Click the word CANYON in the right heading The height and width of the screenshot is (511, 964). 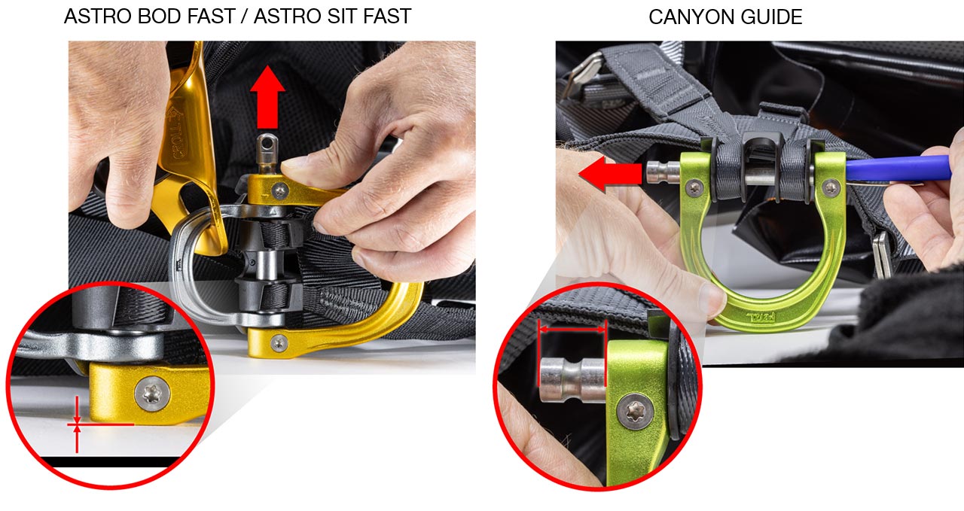coord(685,17)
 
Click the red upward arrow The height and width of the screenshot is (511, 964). coord(267,97)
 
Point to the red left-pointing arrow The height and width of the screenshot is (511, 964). coord(610,174)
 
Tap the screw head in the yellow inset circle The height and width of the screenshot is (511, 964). coord(152,394)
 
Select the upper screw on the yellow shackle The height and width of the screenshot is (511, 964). coord(281,190)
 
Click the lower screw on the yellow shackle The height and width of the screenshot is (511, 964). coord(279,343)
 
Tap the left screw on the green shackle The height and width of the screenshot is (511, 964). coord(694,187)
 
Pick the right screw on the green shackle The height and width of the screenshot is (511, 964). coord(831,187)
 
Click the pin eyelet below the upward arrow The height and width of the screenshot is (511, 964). coord(267,144)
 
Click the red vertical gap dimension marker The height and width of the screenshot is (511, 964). coord(77,424)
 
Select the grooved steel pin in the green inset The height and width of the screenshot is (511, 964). coord(572,380)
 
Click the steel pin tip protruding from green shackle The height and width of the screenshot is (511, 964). coord(661,172)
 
